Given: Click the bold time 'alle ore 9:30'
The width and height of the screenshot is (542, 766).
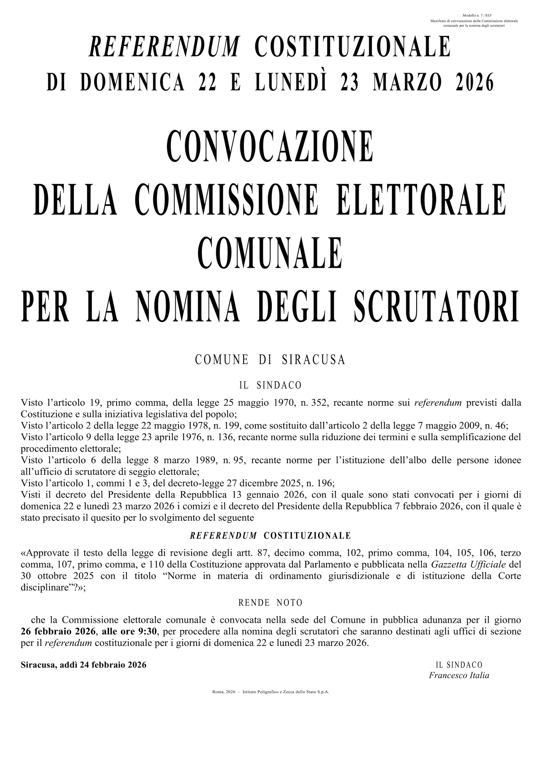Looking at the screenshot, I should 131,632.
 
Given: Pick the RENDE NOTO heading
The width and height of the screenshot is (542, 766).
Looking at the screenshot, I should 270,602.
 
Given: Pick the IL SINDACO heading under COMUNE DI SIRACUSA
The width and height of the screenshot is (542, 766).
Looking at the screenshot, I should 270,386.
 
